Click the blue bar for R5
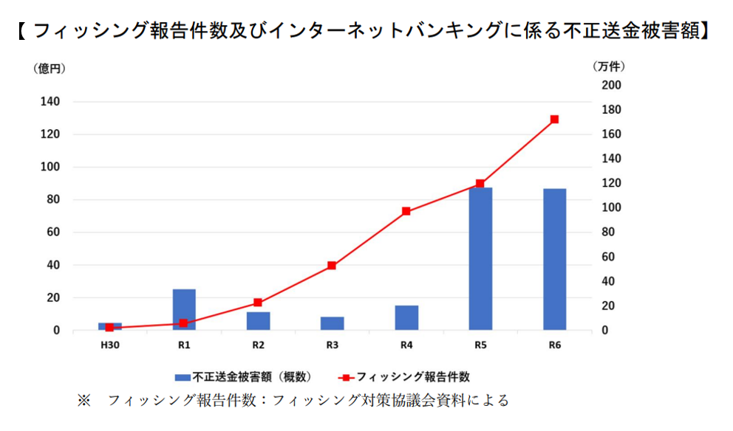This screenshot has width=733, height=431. point(480,258)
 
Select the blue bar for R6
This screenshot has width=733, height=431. point(554,259)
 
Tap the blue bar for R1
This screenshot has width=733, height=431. point(184,309)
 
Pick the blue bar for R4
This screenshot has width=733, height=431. point(406,317)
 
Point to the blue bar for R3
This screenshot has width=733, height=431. point(332,323)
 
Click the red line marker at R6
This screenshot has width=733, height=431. point(554,120)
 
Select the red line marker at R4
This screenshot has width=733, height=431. point(406,211)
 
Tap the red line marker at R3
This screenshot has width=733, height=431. point(332,265)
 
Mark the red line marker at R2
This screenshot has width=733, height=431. point(258,303)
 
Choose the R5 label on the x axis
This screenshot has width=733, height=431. point(480,345)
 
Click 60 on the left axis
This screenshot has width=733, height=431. point(53,232)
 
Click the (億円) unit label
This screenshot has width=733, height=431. point(50,68)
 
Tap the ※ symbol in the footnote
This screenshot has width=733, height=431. point(83,401)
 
